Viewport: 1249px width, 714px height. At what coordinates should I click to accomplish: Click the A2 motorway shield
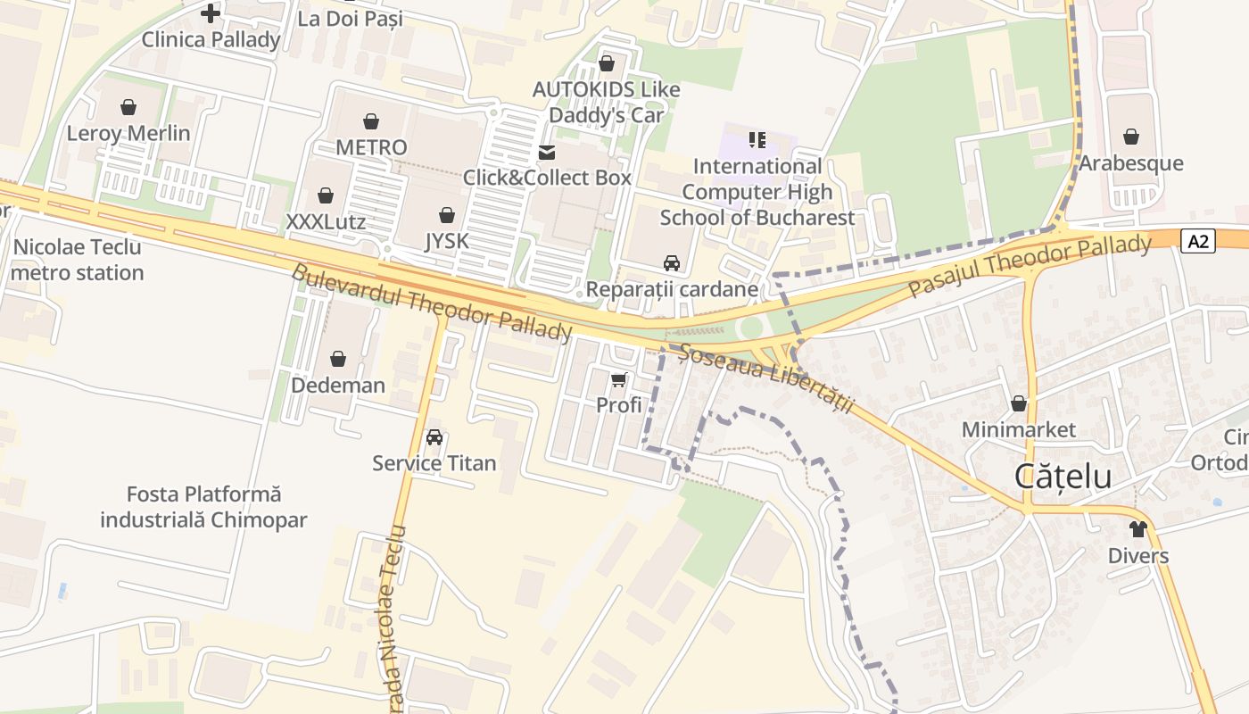tap(1198, 241)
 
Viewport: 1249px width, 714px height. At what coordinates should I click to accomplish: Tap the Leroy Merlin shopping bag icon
tap(128, 107)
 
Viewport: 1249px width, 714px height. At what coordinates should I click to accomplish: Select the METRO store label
tap(371, 147)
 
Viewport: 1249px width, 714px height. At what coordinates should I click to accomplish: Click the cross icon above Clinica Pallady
tap(211, 13)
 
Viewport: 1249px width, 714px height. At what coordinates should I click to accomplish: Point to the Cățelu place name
tap(1063, 477)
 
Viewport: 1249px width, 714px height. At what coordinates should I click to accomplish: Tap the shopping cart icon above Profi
tap(619, 379)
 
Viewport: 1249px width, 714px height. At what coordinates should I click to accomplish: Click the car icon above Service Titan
tap(434, 437)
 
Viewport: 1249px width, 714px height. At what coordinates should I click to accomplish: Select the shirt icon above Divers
tap(1137, 529)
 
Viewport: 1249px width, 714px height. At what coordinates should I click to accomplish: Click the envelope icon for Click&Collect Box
tap(547, 153)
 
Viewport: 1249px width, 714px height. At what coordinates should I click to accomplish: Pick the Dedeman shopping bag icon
tap(338, 359)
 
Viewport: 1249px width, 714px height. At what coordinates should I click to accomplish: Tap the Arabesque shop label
tap(1131, 163)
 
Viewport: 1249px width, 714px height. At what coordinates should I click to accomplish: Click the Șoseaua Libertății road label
tap(766, 378)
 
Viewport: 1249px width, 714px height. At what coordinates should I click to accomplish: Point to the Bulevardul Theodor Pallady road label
tap(431, 303)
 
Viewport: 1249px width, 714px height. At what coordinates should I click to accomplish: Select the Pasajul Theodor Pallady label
tap(1030, 265)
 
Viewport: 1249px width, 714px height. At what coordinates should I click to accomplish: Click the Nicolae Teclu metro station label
tap(77, 260)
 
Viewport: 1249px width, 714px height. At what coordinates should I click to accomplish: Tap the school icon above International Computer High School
tap(757, 139)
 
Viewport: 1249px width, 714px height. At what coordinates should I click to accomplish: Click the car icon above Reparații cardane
tap(672, 263)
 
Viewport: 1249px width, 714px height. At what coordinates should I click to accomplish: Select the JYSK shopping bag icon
tap(447, 215)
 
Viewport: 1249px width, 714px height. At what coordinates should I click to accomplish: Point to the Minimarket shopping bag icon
tap(1019, 403)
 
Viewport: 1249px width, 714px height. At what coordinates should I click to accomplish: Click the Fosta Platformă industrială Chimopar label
tap(203, 507)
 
